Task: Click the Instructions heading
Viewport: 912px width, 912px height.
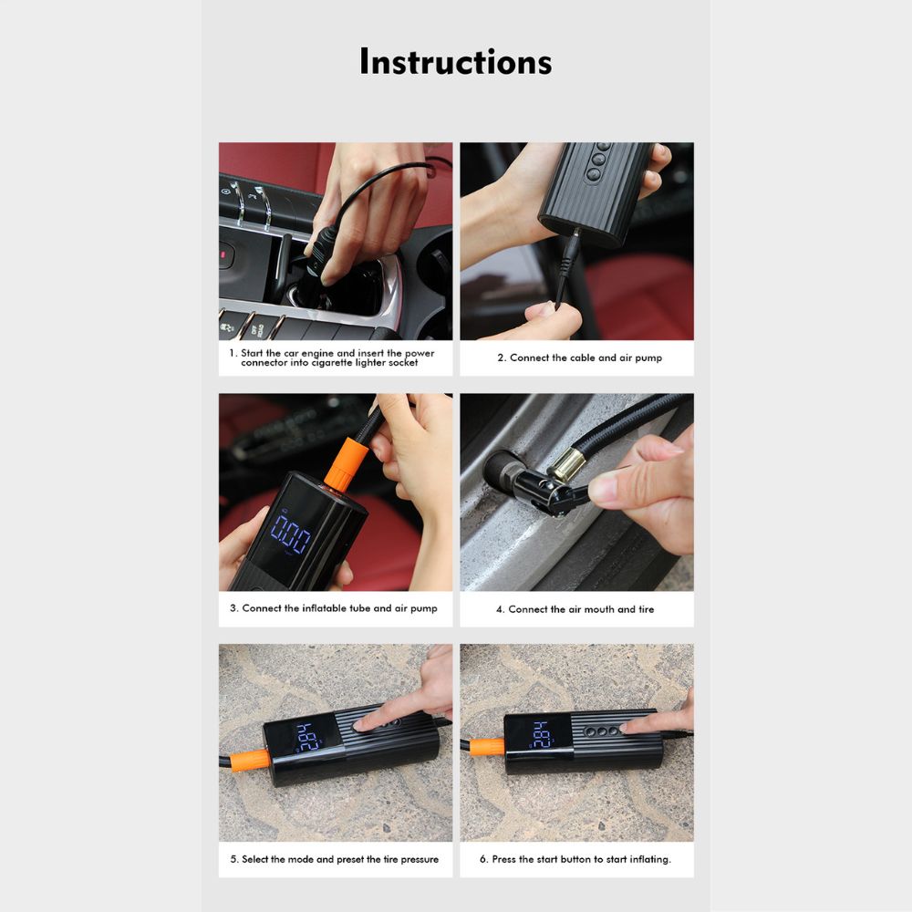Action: pyautogui.click(x=455, y=61)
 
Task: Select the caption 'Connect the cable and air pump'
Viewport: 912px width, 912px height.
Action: pyautogui.click(x=579, y=358)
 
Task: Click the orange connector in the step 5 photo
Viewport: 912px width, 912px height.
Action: pyautogui.click(x=249, y=759)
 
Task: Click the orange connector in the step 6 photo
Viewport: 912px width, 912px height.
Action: pyautogui.click(x=486, y=746)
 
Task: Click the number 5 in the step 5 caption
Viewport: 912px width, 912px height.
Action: pyautogui.click(x=233, y=859)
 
